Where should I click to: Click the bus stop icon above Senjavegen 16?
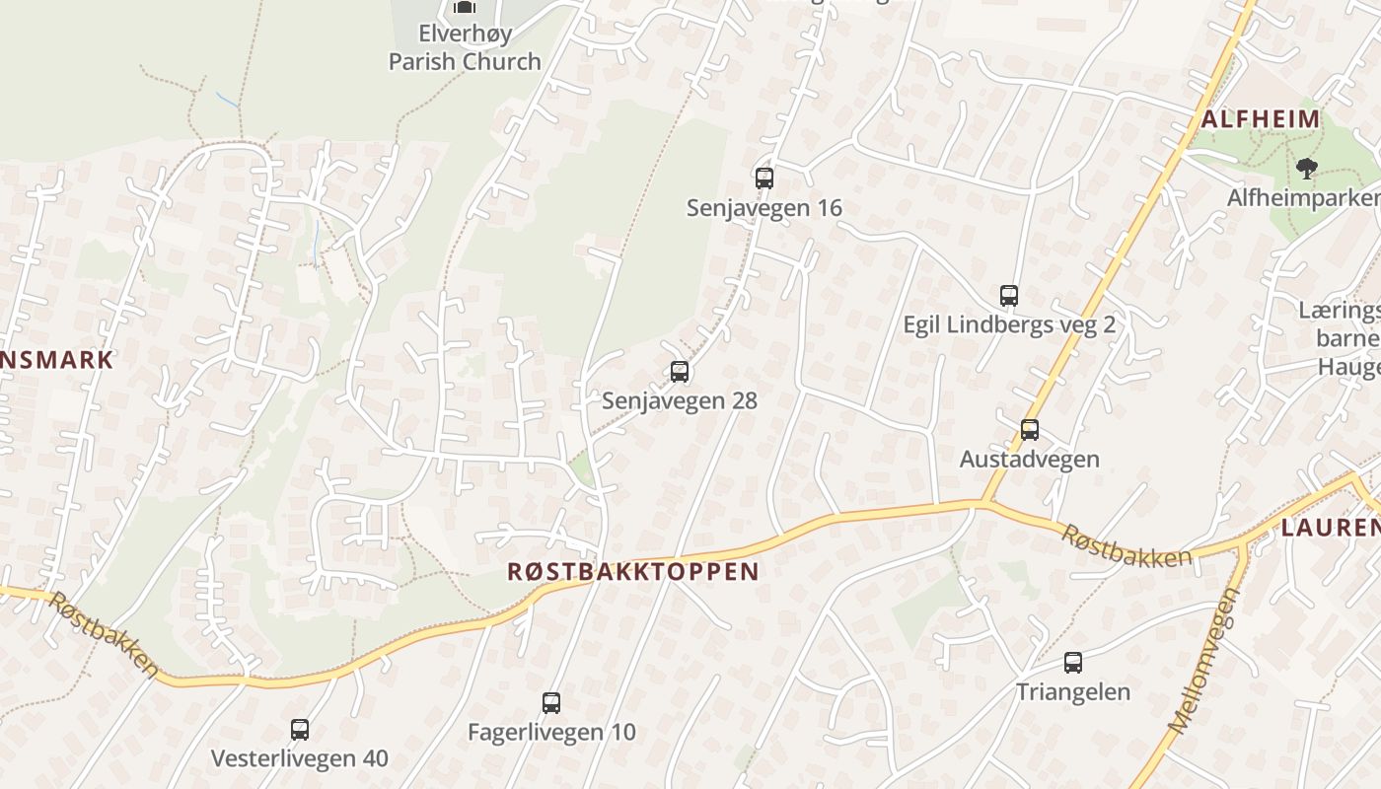pyautogui.click(x=764, y=179)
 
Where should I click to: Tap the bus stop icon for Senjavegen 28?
pyautogui.click(x=680, y=372)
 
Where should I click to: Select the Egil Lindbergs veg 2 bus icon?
pyautogui.click(x=1008, y=295)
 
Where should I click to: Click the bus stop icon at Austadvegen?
pyautogui.click(x=1030, y=430)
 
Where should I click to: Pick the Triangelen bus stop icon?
pyautogui.click(x=1073, y=663)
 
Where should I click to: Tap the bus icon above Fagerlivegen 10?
pyautogui.click(x=551, y=703)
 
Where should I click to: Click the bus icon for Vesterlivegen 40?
pyautogui.click(x=300, y=730)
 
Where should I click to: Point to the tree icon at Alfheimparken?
pyautogui.click(x=1307, y=169)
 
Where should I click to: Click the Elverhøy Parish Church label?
pyautogui.click(x=465, y=47)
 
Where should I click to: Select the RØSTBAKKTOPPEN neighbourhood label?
pyautogui.click(x=633, y=571)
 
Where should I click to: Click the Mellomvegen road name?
pyautogui.click(x=1201, y=662)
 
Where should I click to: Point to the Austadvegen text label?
pyautogui.click(x=1030, y=459)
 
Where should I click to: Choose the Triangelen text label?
pyautogui.click(x=1073, y=691)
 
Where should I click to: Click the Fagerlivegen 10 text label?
pyautogui.click(x=551, y=732)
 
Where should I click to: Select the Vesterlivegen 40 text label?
pyautogui.click(x=300, y=758)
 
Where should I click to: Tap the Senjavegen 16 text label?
pyautogui.click(x=764, y=207)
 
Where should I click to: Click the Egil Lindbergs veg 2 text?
pyautogui.click(x=1008, y=323)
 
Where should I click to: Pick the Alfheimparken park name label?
pyautogui.click(x=1303, y=197)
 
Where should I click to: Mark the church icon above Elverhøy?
pyautogui.click(x=465, y=7)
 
